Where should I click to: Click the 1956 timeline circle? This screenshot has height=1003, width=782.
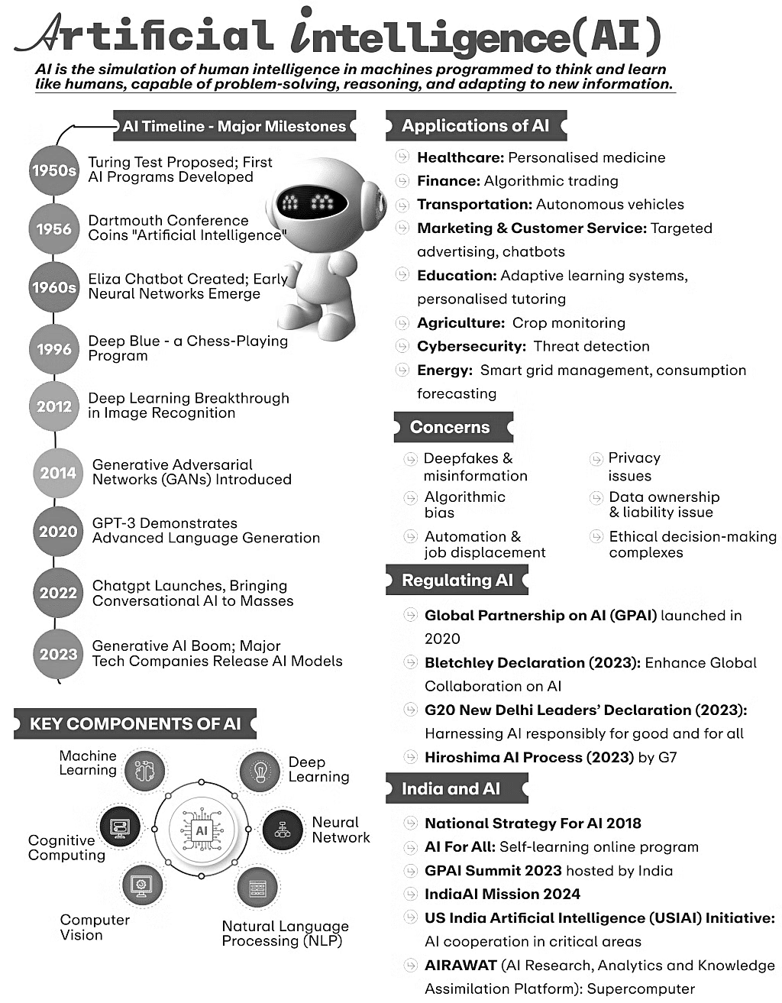[54, 228]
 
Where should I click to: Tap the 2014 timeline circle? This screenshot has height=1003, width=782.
[58, 473]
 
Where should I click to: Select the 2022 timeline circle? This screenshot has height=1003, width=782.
[58, 592]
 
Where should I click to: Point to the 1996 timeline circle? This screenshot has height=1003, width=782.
[54, 349]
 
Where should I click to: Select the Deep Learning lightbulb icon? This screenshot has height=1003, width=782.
[260, 772]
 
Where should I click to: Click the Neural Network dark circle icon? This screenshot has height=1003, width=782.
[283, 830]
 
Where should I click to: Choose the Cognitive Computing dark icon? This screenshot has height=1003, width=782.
[120, 827]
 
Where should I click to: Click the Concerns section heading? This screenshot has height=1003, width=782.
[451, 427]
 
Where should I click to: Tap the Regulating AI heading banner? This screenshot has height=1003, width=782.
[457, 581]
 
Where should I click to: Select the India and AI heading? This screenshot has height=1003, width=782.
[451, 789]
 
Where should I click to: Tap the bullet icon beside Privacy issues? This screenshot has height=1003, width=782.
[596, 458]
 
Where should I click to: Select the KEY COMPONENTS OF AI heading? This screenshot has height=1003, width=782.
[134, 724]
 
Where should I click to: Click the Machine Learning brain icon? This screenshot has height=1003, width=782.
[144, 771]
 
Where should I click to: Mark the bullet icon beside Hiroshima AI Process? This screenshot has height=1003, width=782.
[410, 757]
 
